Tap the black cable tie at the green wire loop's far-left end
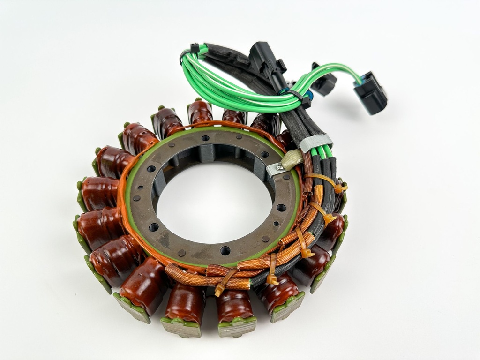pos(195,48)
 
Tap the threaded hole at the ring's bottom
pos(225,250)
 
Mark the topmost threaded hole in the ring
pos(205,138)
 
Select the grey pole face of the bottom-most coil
pos(237,328)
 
